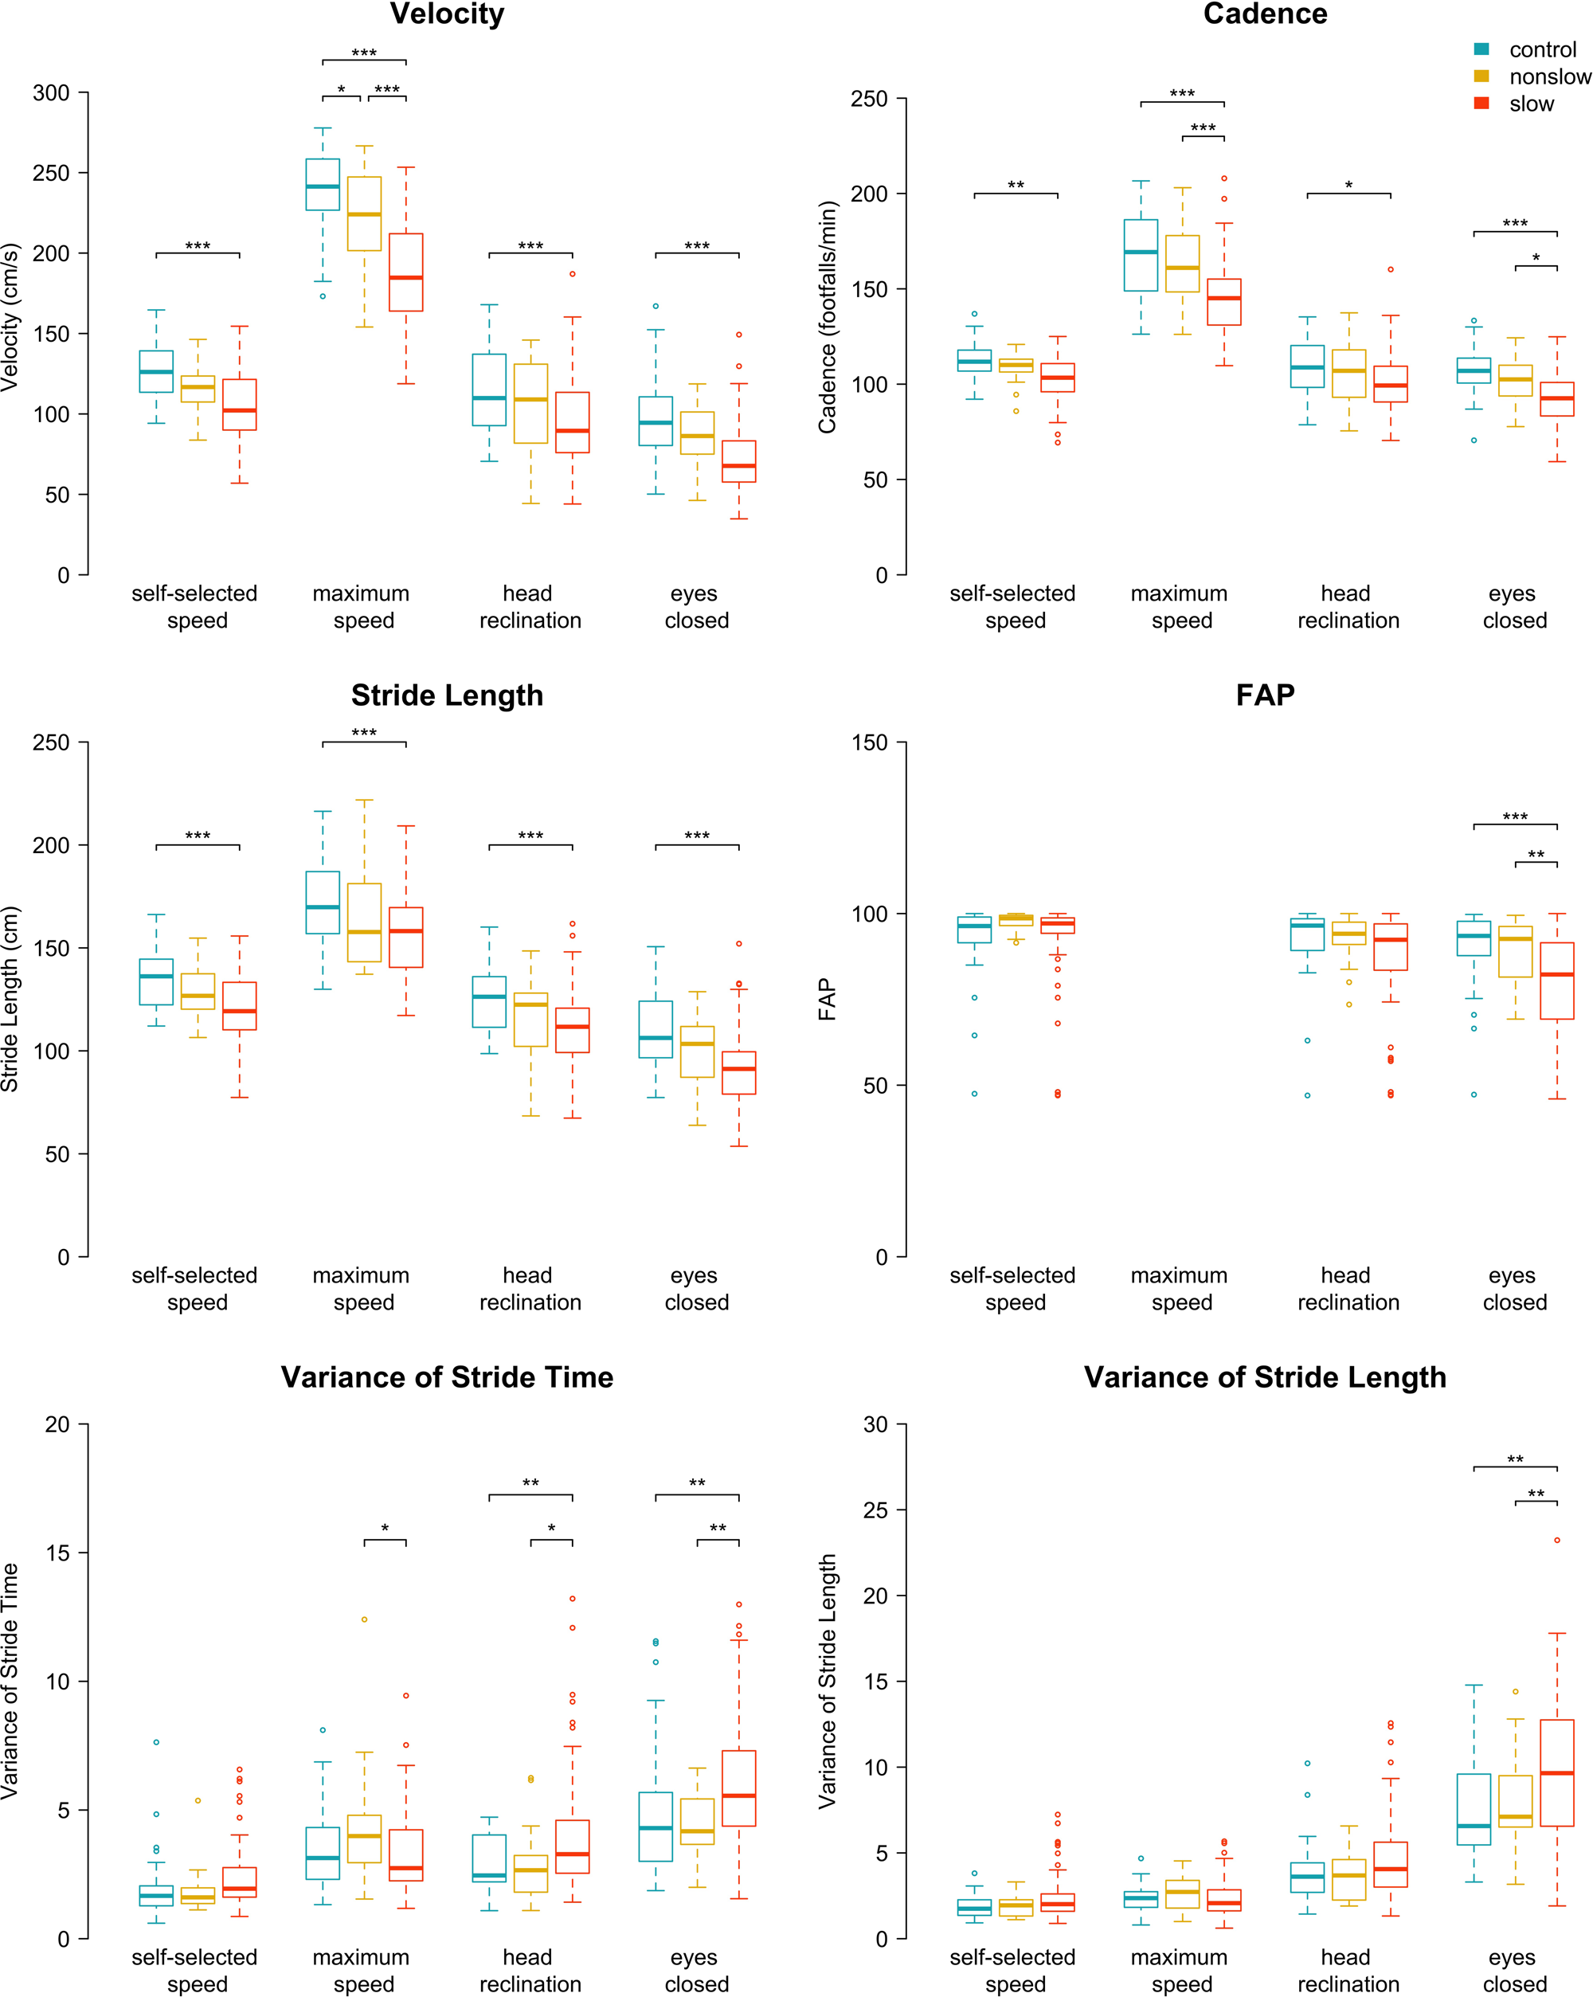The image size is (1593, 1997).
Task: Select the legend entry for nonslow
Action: pos(1548,77)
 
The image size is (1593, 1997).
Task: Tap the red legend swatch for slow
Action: pos(1481,103)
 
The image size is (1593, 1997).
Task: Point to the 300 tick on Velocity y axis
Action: pos(51,92)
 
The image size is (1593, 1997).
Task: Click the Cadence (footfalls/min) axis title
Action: pos(826,317)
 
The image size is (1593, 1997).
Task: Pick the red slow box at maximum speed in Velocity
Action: pos(405,272)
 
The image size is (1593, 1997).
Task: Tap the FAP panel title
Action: pos(1264,695)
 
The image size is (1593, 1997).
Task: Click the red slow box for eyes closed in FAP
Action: pos(1557,981)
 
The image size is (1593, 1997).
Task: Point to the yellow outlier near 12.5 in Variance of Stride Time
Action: pos(364,1620)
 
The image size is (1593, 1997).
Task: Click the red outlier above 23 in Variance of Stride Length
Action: pos(1557,1541)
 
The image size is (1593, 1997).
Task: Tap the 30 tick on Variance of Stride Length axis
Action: pos(875,1424)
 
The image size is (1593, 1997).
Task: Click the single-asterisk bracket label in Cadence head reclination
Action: pos(1348,186)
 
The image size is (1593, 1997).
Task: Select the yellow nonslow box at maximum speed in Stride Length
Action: pos(364,922)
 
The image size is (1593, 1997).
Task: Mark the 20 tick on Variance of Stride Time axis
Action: pos(57,1424)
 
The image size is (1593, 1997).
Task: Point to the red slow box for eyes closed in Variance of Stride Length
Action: pos(1557,1773)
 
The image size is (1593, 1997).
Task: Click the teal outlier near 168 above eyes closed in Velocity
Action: pos(656,306)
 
